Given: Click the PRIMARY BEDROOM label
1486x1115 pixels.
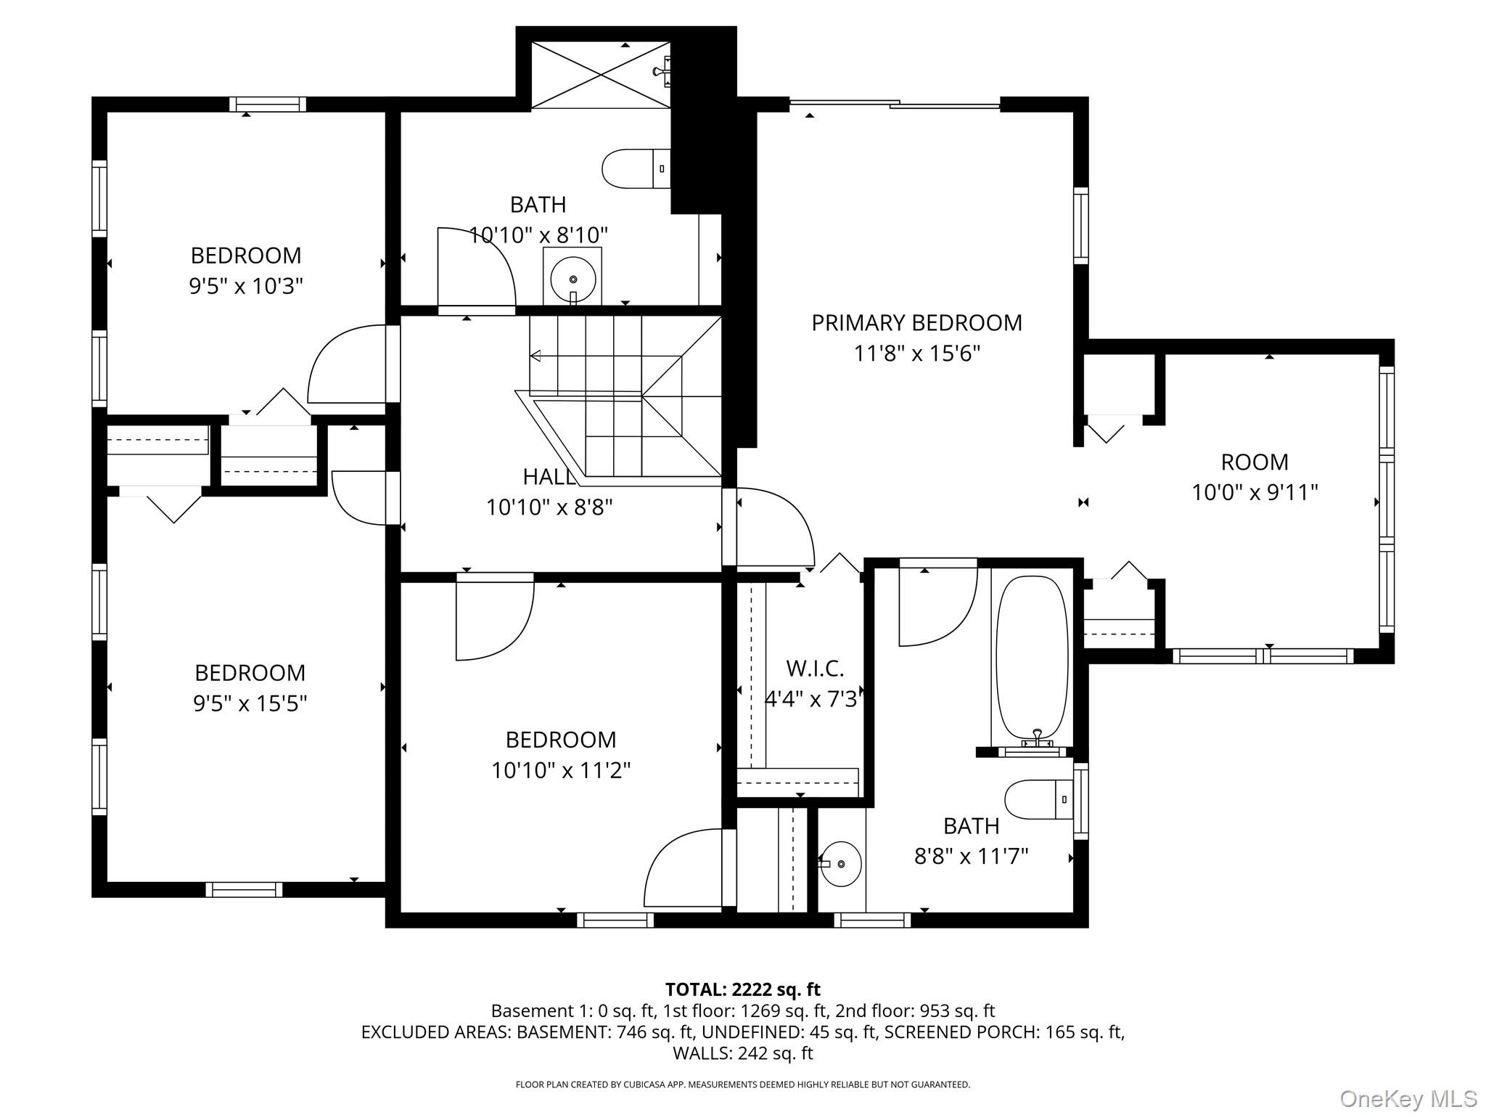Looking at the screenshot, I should (x=916, y=323).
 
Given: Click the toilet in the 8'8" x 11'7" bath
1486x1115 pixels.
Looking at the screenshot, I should (x=1038, y=799).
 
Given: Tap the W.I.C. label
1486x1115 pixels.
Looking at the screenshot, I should (x=815, y=668).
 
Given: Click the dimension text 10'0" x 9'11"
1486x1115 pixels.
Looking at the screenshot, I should (x=1255, y=493).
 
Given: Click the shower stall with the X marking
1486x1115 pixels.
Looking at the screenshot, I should (x=600, y=75).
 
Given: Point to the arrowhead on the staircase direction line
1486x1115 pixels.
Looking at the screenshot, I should (x=535, y=356).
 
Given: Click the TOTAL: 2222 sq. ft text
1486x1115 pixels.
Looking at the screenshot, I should (x=742, y=989).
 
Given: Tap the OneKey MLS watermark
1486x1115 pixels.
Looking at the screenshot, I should (x=1408, y=1099).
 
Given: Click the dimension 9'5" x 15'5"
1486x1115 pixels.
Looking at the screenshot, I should (x=250, y=703).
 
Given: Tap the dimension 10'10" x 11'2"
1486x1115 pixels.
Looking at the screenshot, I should (x=561, y=770).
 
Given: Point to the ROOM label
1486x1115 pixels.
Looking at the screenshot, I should (x=1255, y=462).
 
